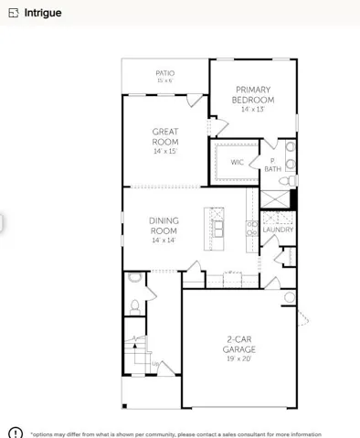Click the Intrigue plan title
point(43,13)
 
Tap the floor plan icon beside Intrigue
point(14,13)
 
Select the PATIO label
point(165,73)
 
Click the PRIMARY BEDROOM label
point(253,95)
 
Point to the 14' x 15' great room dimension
point(165,151)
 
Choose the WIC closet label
point(237,162)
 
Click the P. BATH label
point(273,165)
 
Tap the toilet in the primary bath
point(288,181)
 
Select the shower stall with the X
point(275,199)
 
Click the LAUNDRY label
point(278,230)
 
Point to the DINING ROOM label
point(164,226)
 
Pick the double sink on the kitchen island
point(218,229)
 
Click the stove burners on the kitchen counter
point(252,229)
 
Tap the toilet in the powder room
point(134,307)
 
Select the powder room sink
point(135,277)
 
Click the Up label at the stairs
point(155,364)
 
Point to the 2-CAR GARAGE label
point(239,345)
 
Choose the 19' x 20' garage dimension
point(239,358)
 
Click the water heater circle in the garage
point(290,297)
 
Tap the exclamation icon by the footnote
point(16,433)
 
